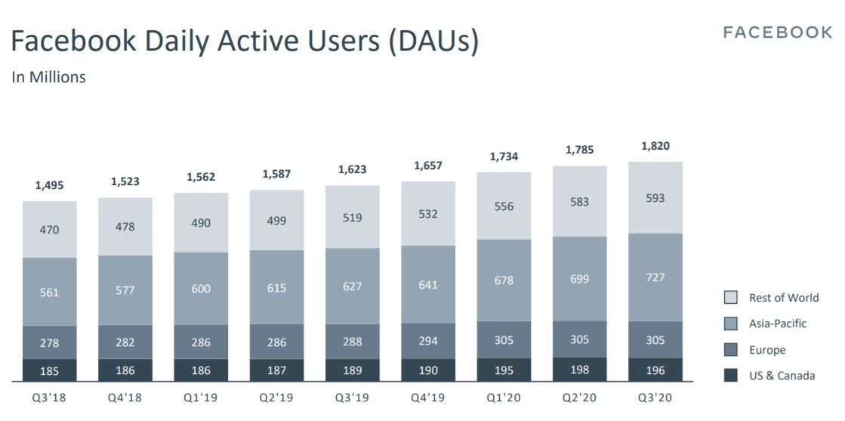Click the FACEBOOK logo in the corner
[777, 33]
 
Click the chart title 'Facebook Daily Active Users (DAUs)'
[245, 42]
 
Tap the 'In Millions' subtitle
[48, 77]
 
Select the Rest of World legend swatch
[730, 298]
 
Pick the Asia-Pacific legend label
[778, 323]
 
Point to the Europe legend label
[767, 350]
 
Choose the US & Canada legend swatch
[730, 376]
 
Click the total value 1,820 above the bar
[655, 146]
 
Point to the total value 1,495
[50, 185]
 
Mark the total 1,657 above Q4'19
[428, 166]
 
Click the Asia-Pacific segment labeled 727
[655, 277]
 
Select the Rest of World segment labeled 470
[50, 229]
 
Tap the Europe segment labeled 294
[428, 341]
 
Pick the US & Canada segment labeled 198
[579, 370]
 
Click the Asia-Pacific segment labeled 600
[201, 289]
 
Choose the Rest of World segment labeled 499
[276, 220]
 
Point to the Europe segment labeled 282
[125, 343]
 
